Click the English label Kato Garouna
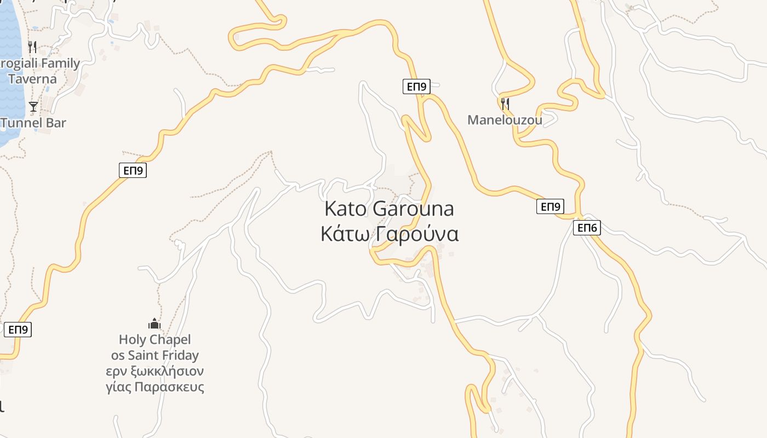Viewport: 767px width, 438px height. click(x=389, y=209)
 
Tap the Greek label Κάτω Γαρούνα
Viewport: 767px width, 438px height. click(x=389, y=234)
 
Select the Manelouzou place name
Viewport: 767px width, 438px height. click(x=505, y=120)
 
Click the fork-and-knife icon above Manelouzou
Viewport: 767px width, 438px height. click(x=505, y=103)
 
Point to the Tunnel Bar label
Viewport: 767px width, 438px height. click(x=33, y=123)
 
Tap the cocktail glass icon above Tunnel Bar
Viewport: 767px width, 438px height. click(x=33, y=106)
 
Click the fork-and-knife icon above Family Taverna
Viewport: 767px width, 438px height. click(x=32, y=47)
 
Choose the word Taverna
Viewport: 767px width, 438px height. click(x=32, y=79)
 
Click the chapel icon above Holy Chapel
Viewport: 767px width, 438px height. click(x=154, y=324)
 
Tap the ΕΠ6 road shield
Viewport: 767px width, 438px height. click(x=587, y=228)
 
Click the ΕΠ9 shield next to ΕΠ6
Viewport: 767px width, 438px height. click(x=550, y=206)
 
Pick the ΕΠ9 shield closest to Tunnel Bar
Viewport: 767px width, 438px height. click(x=133, y=170)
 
